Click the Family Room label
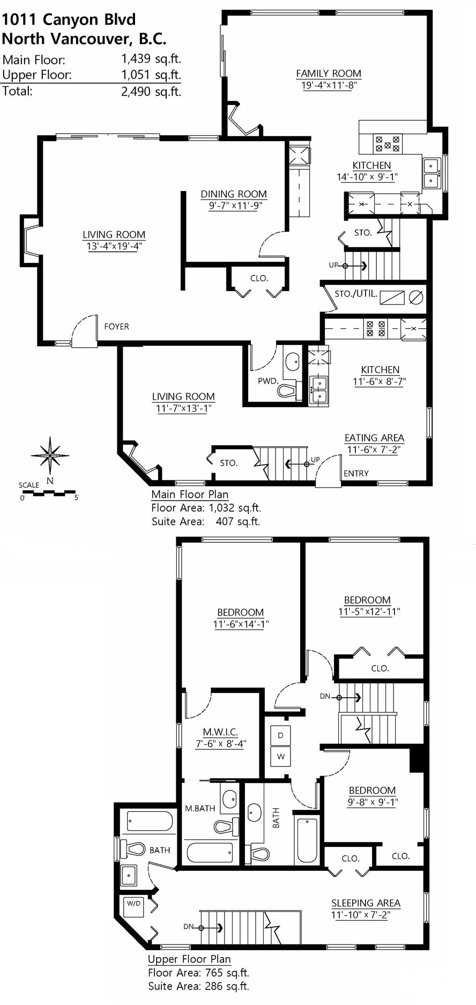(329, 73)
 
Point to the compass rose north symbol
(50, 456)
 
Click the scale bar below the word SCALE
(49, 492)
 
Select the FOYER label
(116, 326)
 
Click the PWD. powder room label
(268, 381)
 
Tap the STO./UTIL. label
(356, 294)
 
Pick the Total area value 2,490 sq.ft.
(151, 92)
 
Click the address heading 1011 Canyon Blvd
(69, 19)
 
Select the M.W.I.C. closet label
(220, 731)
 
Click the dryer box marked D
(280, 735)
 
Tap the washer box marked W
(280, 756)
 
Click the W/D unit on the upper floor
(133, 906)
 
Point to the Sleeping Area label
(366, 903)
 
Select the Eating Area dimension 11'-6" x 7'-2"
(374, 449)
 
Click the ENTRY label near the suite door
(356, 473)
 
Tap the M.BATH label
(200, 808)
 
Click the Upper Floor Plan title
(189, 959)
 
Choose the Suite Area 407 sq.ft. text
(206, 521)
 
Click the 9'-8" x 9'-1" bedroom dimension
(373, 802)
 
